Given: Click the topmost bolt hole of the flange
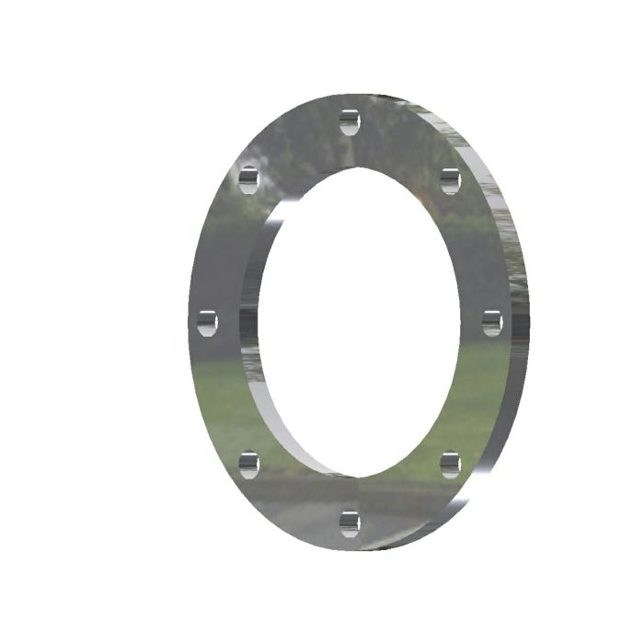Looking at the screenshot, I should click(349, 121).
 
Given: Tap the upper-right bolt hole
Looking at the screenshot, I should click(449, 180).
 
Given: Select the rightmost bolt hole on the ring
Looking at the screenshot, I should click(491, 322).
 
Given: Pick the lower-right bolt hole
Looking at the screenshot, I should click(450, 464).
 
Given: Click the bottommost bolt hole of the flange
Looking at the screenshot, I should click(349, 523).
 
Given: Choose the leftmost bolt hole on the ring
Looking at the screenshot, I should click(207, 322).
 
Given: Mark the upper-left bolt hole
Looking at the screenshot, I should click(248, 179).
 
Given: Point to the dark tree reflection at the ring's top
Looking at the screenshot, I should click(304, 138).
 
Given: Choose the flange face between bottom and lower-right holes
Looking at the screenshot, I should click(405, 501).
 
